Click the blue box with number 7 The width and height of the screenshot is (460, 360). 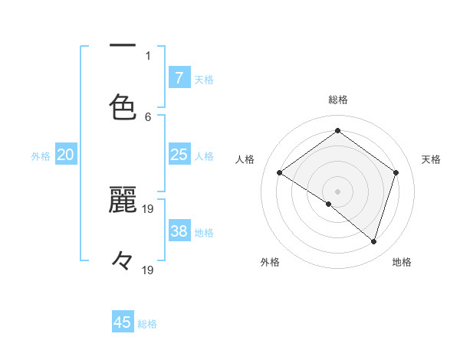tap(179, 78)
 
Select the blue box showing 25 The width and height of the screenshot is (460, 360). tap(179, 155)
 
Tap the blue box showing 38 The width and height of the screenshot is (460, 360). tap(179, 232)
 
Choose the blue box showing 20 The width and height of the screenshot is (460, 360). tap(65, 155)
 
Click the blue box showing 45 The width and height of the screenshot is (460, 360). tap(123, 322)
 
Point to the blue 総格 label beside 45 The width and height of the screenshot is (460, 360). tap(147, 324)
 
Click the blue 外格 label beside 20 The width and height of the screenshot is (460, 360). tap(41, 156)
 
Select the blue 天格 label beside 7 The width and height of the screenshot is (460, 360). tap(204, 79)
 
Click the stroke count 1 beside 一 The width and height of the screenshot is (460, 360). tap(148, 55)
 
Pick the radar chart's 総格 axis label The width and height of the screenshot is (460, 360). tap(337, 100)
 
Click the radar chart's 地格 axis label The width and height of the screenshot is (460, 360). tap(402, 262)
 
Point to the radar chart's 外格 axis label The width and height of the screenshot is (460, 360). tap(270, 262)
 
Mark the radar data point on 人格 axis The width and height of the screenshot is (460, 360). tap(280, 173)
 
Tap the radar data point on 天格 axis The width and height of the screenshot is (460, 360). tap(396, 173)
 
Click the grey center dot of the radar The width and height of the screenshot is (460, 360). tap(337, 191)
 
